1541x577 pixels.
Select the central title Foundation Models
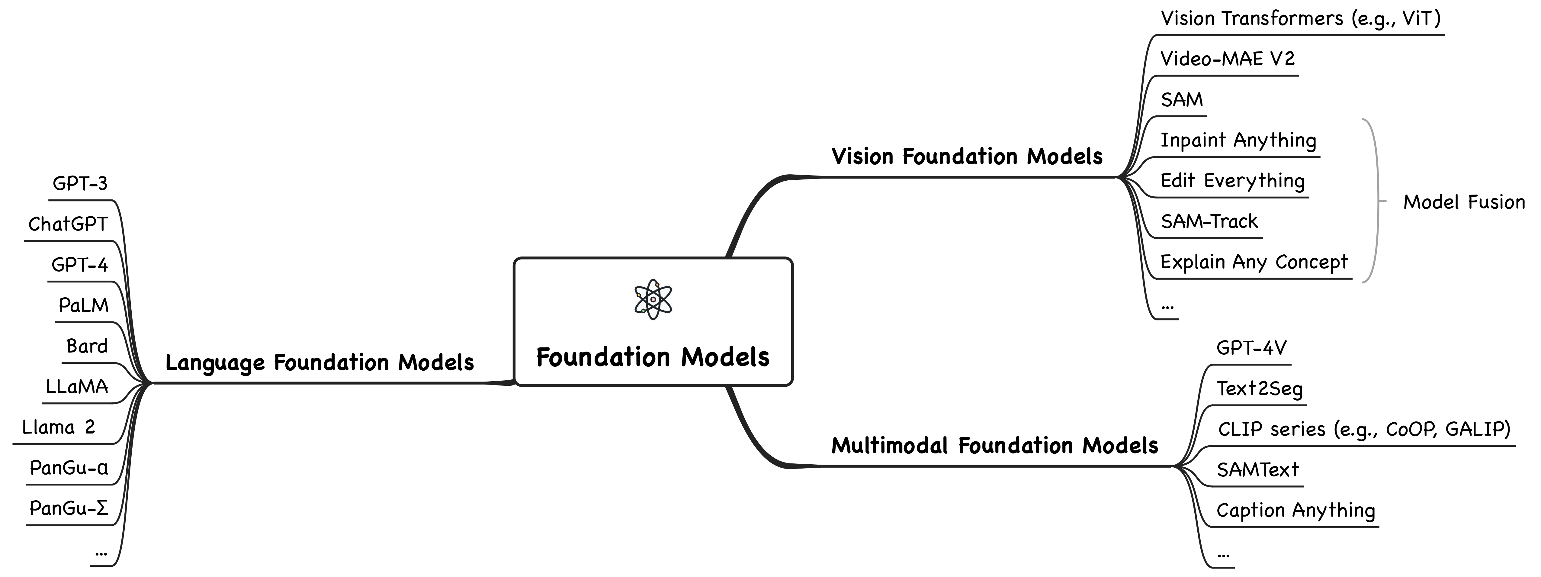click(653, 357)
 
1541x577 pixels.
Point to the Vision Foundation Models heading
click(967, 157)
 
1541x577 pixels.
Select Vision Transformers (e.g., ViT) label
click(1301, 18)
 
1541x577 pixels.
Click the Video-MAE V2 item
click(1228, 59)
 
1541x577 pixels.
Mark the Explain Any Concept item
click(1254, 262)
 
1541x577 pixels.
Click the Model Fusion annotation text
click(1464, 202)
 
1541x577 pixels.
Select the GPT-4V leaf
click(1251, 348)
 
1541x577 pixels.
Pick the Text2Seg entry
click(1259, 389)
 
